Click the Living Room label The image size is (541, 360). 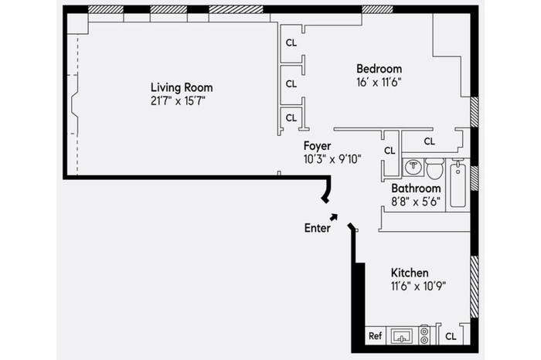tap(182, 87)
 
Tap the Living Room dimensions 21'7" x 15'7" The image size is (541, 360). tap(178, 101)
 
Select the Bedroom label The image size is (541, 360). tap(379, 69)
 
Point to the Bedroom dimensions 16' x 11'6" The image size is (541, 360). tap(379, 83)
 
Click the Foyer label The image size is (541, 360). tap(317, 146)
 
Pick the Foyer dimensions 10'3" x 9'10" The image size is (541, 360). tap(332, 159)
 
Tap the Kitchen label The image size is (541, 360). tap(410, 273)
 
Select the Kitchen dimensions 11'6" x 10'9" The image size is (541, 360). tap(418, 286)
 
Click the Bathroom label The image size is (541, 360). tap(416, 188)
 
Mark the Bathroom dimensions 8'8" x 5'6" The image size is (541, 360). tap(416, 202)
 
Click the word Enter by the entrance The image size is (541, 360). tap(317, 228)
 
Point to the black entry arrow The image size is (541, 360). tap(334, 217)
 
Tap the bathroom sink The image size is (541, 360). tap(413, 167)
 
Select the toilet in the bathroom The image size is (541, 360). tap(434, 168)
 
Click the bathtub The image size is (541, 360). tap(458, 185)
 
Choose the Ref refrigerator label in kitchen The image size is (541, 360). tap(375, 336)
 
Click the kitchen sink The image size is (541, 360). tap(402, 336)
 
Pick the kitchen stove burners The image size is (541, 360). tap(424, 335)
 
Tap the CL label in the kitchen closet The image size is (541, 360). tap(451, 336)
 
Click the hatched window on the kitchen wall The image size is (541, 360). tap(475, 287)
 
